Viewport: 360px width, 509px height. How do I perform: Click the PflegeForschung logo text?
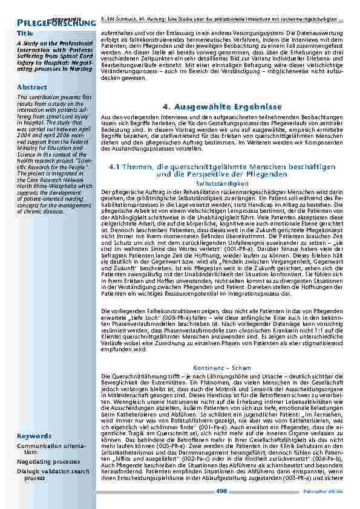click(55, 23)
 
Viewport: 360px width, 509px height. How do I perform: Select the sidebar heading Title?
click(25, 33)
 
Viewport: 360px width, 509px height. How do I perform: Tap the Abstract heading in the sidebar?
click(32, 87)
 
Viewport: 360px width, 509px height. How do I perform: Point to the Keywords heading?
click(34, 436)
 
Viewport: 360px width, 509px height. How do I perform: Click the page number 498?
click(221, 491)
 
